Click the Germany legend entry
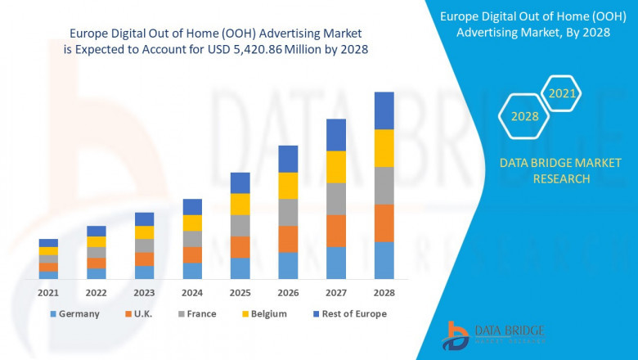[x=74, y=313]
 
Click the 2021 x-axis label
[x=48, y=292]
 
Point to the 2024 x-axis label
[x=192, y=292]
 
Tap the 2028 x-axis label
[x=384, y=292]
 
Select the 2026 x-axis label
[x=288, y=292]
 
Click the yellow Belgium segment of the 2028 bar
[x=384, y=148]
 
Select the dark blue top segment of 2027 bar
[x=336, y=135]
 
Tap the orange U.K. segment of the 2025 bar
[x=240, y=247]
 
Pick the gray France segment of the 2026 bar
[x=288, y=212]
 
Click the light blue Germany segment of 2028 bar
[x=384, y=260]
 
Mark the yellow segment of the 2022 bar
[x=97, y=241]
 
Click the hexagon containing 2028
[x=525, y=116]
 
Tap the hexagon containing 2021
[x=562, y=93]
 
